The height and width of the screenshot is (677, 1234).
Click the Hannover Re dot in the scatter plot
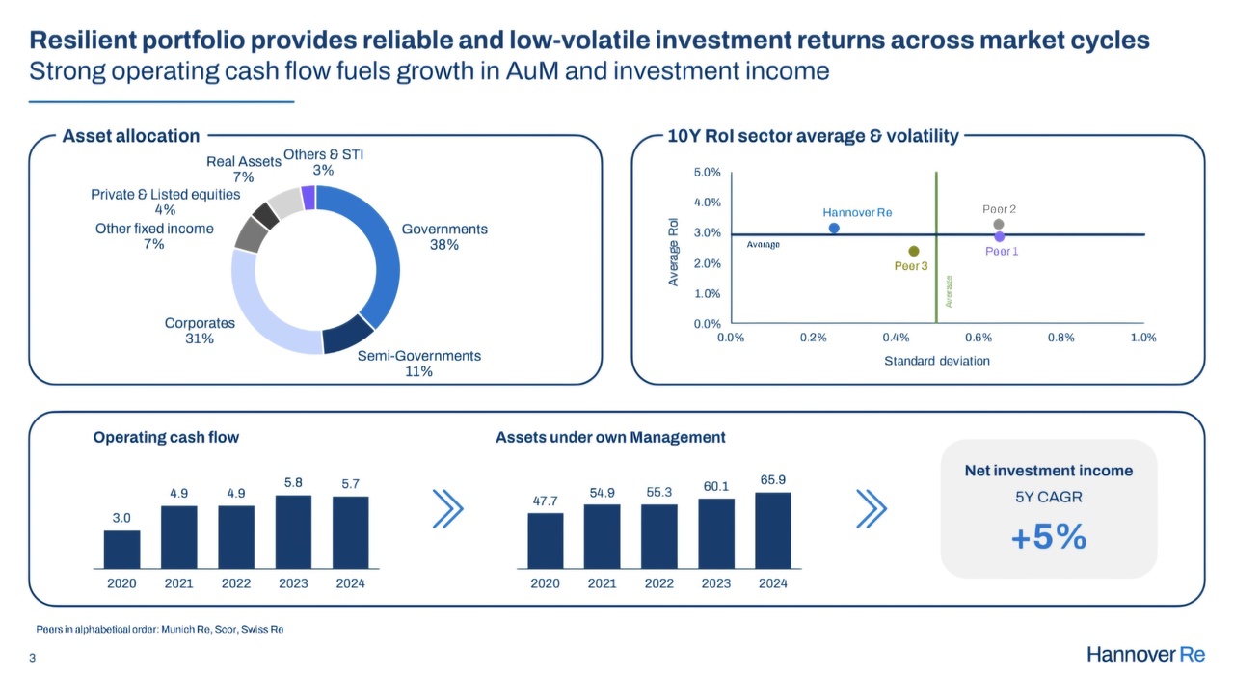tap(834, 229)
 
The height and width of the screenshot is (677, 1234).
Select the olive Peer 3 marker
tap(914, 252)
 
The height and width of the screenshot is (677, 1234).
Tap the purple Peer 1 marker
tap(1000, 236)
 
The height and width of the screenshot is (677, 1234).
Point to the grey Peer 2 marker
tap(999, 225)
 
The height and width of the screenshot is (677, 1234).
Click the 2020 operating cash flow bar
tap(121, 549)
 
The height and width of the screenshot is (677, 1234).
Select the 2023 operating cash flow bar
tap(293, 531)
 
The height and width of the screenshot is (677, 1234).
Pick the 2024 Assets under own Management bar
tap(773, 530)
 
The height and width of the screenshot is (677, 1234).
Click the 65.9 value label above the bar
tap(773, 479)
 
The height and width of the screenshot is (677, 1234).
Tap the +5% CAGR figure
tap(1049, 537)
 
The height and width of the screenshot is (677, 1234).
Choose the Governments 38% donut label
tap(444, 237)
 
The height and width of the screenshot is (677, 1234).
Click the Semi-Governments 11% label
tap(419, 364)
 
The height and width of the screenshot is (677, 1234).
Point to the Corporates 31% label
tap(200, 331)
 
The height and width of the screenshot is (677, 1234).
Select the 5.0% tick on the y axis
tap(708, 173)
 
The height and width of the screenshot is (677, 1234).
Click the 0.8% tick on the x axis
tap(1060, 338)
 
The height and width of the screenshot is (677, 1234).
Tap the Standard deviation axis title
tap(937, 361)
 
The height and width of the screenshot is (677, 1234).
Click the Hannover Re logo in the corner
tap(1145, 655)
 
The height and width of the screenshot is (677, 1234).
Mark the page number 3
tap(33, 658)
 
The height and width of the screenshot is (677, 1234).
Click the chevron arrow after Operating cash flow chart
tap(447, 509)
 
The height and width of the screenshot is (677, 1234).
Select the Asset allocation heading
tap(131, 136)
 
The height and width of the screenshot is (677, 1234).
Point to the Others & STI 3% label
tap(323, 162)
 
